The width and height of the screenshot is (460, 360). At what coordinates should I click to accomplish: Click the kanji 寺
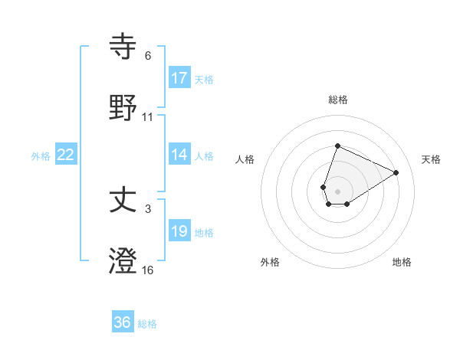[x=123, y=47]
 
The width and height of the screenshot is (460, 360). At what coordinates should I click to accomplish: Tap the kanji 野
[x=123, y=106]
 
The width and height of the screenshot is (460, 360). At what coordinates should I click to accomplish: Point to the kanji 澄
[x=123, y=260]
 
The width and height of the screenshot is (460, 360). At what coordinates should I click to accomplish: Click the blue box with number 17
[x=179, y=77]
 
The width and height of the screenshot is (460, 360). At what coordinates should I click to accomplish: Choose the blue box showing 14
[x=179, y=155]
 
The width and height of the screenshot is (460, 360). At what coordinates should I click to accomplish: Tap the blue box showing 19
[x=179, y=231]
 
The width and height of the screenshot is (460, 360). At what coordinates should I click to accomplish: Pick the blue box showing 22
[x=66, y=155]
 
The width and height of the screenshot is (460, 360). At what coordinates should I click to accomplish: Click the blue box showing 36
[x=123, y=322]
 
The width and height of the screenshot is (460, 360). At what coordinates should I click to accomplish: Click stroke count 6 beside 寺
[x=148, y=56]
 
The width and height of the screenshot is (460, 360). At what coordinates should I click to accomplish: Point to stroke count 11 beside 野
[x=148, y=117]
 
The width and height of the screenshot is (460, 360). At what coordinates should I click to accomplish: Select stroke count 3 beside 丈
[x=148, y=209]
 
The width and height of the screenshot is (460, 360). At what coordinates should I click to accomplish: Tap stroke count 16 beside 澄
[x=148, y=270]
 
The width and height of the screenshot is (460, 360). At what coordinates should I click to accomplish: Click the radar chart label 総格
[x=337, y=100]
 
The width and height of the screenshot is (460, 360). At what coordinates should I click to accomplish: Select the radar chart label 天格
[x=431, y=159]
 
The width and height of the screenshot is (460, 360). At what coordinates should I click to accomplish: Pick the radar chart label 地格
[x=402, y=262]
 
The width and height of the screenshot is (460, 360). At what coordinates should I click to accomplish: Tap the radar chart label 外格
[x=270, y=262]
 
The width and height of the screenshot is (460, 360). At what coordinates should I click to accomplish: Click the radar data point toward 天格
[x=396, y=172]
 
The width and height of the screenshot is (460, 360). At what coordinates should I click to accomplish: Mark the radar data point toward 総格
[x=337, y=146]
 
